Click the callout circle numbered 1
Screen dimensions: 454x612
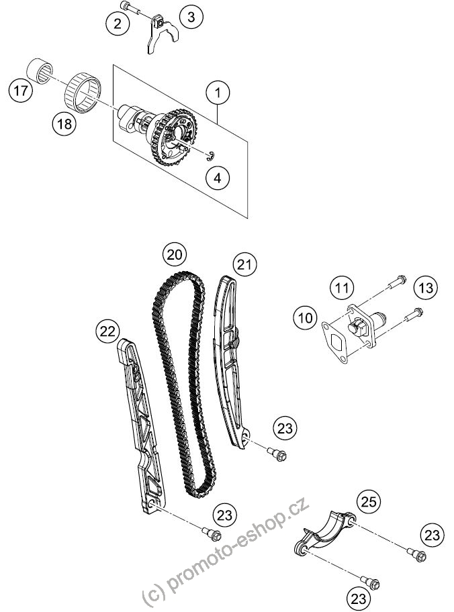(218, 93)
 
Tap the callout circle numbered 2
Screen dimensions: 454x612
(118, 23)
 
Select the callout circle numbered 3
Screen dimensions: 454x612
(191, 17)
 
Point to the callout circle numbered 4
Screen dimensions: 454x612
(218, 178)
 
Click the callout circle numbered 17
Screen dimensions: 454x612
(21, 91)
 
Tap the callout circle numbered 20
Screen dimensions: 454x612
(175, 255)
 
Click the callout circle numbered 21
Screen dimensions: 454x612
(244, 264)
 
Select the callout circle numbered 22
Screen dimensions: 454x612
(108, 331)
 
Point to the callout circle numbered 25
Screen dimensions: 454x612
(369, 501)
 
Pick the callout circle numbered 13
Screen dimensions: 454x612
(426, 288)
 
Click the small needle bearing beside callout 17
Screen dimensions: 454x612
(40, 70)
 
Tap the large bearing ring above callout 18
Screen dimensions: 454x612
(82, 93)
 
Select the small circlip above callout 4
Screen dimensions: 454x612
(211, 155)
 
